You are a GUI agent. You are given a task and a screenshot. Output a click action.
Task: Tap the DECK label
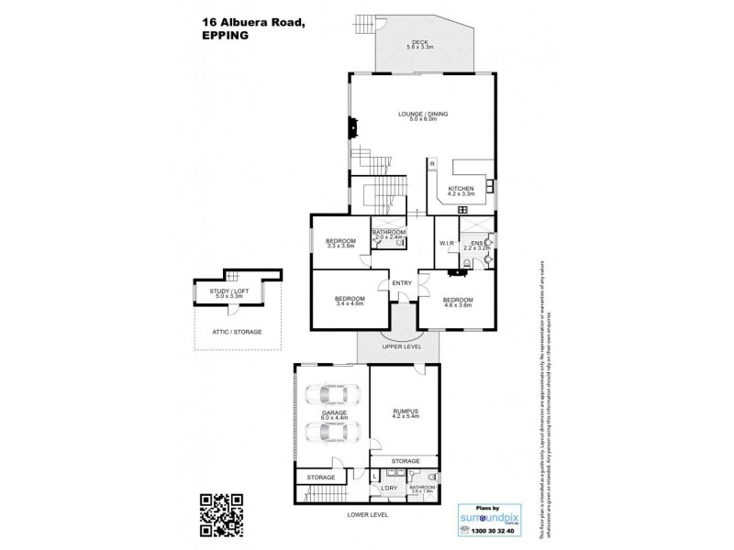coord(420,41)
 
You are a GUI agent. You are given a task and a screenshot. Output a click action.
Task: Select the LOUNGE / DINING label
coord(423,114)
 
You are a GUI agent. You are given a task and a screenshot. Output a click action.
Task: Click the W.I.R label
coord(447,244)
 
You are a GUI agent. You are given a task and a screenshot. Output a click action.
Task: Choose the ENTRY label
coord(402,282)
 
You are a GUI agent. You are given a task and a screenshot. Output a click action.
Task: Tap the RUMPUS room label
coord(405,411)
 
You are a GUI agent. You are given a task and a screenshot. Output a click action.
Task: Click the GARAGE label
coord(333,413)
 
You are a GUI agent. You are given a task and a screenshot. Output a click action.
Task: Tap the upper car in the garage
coord(331,397)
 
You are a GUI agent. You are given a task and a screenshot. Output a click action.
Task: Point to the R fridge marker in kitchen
coord(430,164)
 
